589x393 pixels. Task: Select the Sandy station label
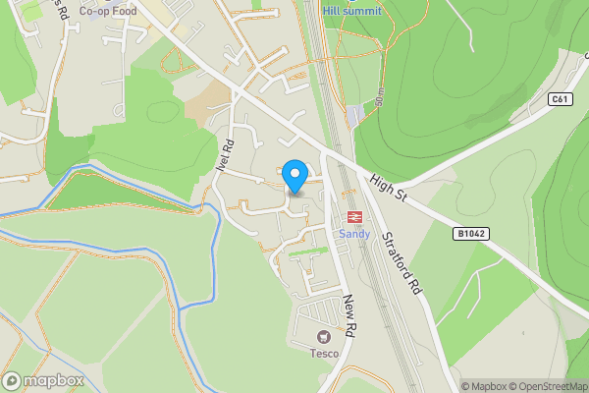(353, 234)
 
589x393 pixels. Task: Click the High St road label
(388, 189)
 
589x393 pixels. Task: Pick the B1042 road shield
(470, 233)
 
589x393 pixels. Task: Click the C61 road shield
(560, 99)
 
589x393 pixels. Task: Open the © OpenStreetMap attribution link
(546, 386)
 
